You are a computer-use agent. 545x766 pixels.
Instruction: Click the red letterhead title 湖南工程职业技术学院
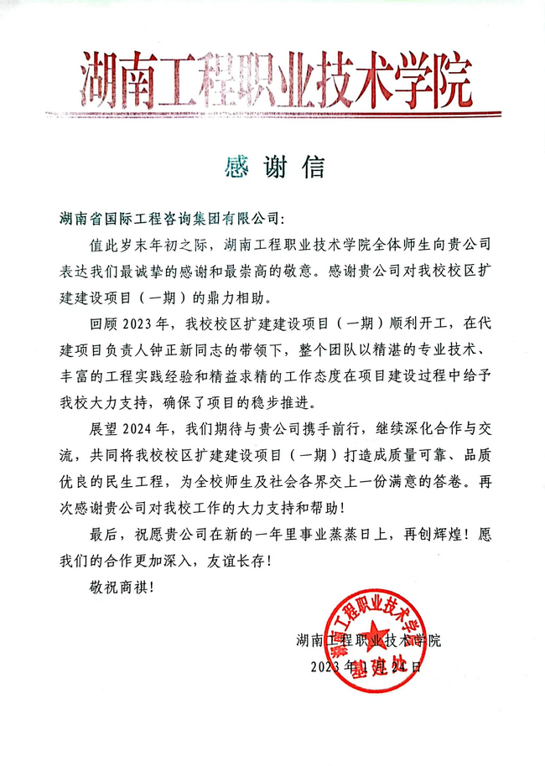272,76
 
